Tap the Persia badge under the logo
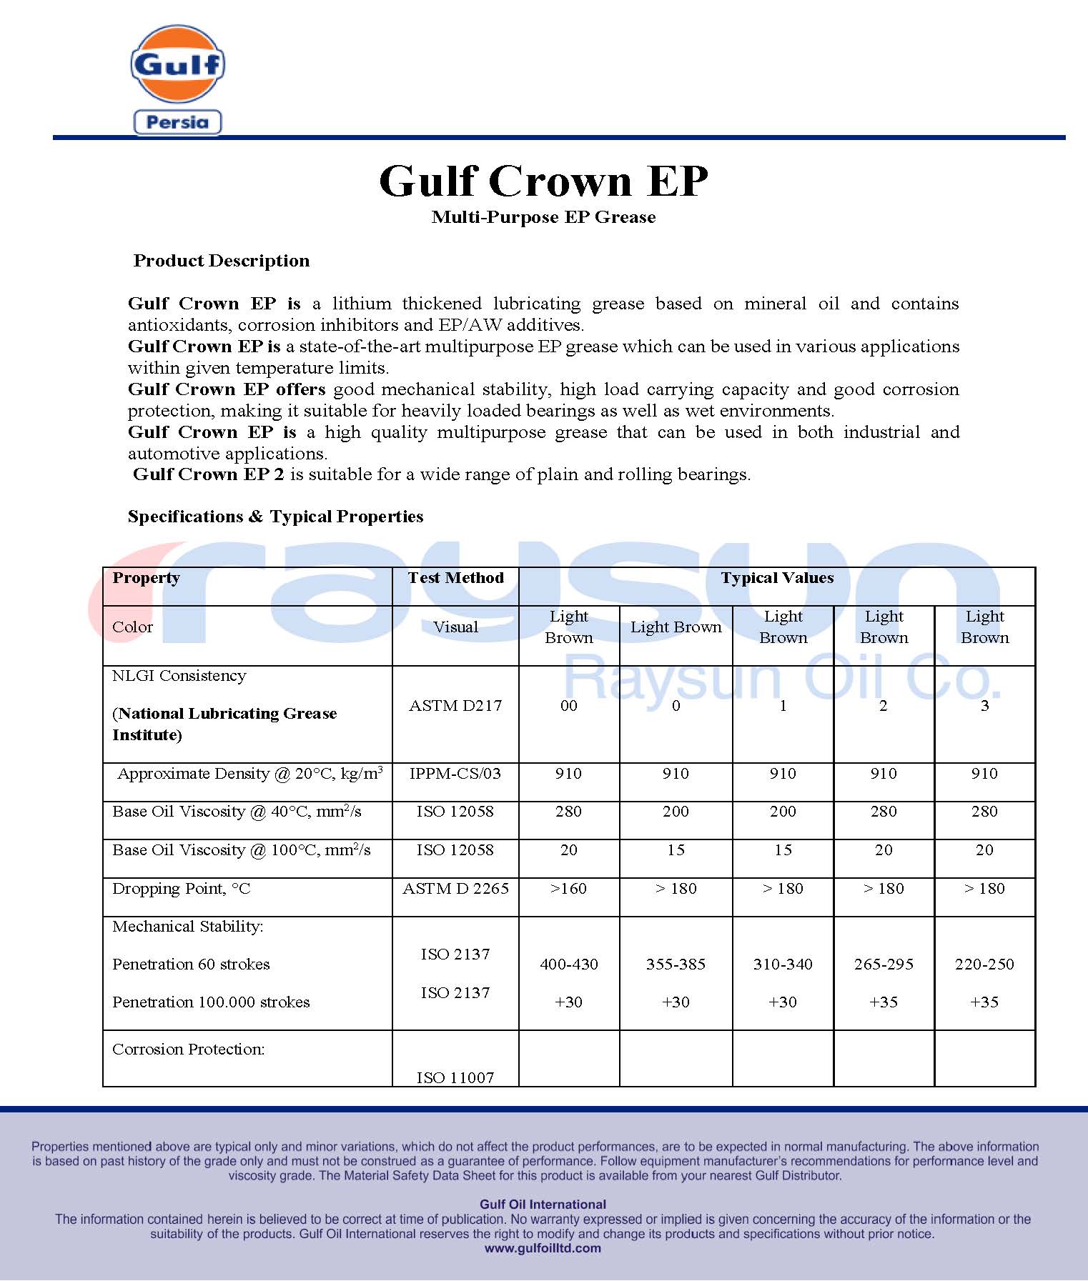(x=177, y=122)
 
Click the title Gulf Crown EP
(x=543, y=181)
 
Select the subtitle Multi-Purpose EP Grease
(x=543, y=217)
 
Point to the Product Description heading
(x=222, y=261)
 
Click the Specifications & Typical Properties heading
(x=275, y=517)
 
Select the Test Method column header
(x=455, y=578)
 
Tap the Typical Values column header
(x=777, y=578)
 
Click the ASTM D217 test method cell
(x=455, y=706)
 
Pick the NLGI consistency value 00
(x=569, y=706)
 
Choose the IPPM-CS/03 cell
(x=455, y=774)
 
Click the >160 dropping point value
(x=569, y=889)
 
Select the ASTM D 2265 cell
(x=455, y=889)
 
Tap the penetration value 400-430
(x=569, y=965)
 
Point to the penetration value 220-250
(x=984, y=965)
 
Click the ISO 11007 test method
(x=455, y=1077)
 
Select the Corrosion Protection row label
(x=189, y=1050)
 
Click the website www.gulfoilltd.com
(x=543, y=1248)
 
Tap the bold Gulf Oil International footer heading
(x=543, y=1204)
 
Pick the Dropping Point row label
(x=182, y=889)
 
